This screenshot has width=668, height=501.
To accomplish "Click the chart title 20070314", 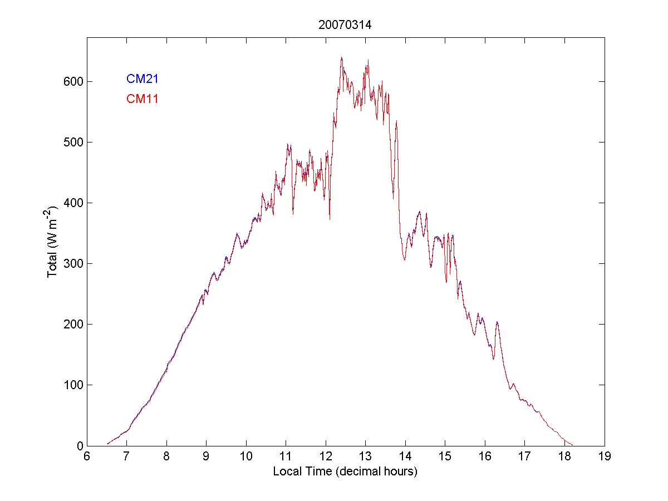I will [x=345, y=25].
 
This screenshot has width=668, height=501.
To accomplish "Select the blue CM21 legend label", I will [x=143, y=79].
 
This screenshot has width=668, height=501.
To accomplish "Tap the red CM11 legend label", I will [x=143, y=100].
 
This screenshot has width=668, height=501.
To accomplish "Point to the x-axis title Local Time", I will [x=345, y=471].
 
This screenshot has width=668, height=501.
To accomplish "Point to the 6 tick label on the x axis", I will [x=87, y=456].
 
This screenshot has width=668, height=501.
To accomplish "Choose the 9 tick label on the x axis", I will [x=206, y=456].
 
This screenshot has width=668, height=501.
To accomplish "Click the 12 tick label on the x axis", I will [x=326, y=456].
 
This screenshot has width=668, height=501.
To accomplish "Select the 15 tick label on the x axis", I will [x=445, y=456].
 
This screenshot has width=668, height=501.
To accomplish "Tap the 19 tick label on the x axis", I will [x=605, y=456].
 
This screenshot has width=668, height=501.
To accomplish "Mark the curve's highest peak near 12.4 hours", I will [x=341, y=57].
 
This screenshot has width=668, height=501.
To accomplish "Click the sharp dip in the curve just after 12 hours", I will [x=330, y=219].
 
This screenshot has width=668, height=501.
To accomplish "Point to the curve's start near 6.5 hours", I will [x=107, y=444].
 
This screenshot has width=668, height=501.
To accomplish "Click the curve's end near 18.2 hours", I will [x=572, y=445].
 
